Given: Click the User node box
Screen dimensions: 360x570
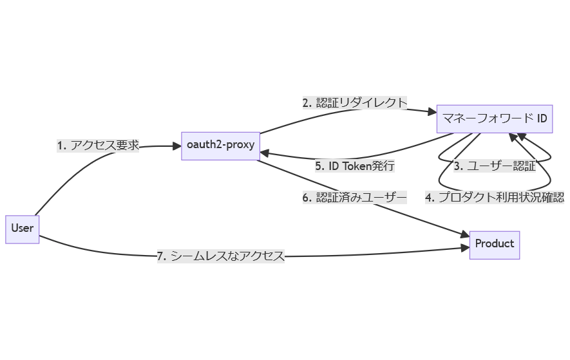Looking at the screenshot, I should pyautogui.click(x=23, y=228).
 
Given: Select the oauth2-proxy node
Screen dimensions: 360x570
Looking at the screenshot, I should pyautogui.click(x=220, y=145).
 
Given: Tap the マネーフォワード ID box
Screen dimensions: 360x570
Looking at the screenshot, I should pyautogui.click(x=494, y=118).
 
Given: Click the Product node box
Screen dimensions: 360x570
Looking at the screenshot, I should pyautogui.click(x=494, y=243).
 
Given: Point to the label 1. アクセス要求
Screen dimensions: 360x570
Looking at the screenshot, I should pyautogui.click(x=98, y=146).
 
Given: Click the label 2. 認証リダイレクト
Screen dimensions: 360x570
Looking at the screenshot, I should pyautogui.click(x=355, y=102).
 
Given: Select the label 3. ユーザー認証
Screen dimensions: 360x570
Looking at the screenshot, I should pyautogui.click(x=494, y=166).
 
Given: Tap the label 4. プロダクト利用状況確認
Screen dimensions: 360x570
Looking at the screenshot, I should pyautogui.click(x=494, y=198).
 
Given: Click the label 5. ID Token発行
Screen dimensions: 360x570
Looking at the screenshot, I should pyautogui.click(x=354, y=166).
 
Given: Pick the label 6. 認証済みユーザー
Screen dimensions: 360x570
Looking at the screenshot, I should pyautogui.click(x=355, y=198).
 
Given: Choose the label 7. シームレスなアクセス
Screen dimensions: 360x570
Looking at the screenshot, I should pyautogui.click(x=220, y=256).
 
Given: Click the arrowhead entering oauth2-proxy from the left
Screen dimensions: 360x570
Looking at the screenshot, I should pyautogui.click(x=176, y=146).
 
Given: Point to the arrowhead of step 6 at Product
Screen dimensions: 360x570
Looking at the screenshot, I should pyautogui.click(x=464, y=236).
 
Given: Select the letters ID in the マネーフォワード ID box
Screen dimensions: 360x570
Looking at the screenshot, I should pyautogui.click(x=542, y=118).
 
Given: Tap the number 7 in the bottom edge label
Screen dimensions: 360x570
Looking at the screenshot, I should pyautogui.click(x=161, y=256).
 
